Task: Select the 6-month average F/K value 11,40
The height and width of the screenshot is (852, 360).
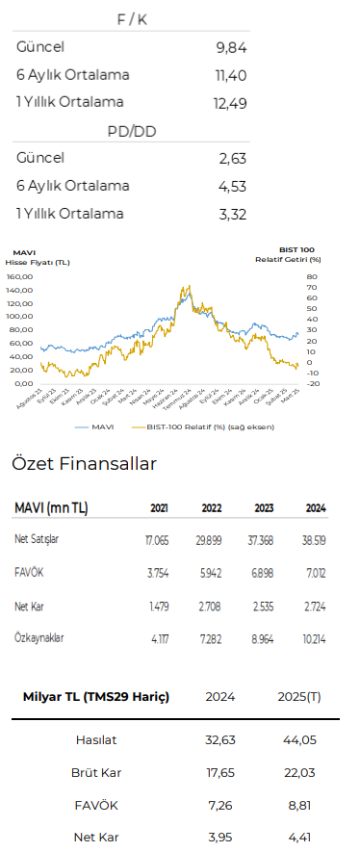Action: (232, 75)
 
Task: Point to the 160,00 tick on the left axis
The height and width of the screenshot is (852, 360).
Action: (19, 276)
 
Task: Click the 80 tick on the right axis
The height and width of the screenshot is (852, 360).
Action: (311, 276)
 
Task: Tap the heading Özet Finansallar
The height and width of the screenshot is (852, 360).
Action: (84, 464)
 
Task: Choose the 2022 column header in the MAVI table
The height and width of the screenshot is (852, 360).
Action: (213, 508)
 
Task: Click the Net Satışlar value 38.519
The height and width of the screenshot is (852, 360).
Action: (315, 540)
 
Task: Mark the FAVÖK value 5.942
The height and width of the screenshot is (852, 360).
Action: (213, 574)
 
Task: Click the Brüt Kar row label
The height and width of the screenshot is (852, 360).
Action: (96, 772)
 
